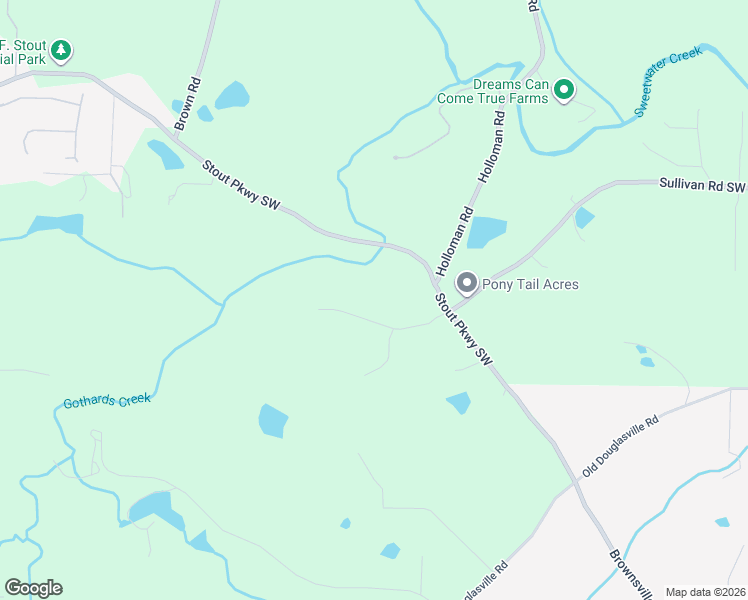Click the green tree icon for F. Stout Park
(x=61, y=49)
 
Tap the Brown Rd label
(x=187, y=104)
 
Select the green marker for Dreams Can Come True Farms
(x=564, y=91)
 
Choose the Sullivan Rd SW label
(x=702, y=187)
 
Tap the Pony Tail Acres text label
(x=530, y=284)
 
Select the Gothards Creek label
(x=107, y=401)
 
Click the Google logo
(x=33, y=588)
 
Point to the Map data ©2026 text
(x=705, y=592)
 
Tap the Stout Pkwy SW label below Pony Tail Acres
(x=465, y=327)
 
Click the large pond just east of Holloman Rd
(x=486, y=232)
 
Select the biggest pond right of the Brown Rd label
(x=232, y=96)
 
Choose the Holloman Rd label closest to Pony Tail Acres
(x=453, y=235)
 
